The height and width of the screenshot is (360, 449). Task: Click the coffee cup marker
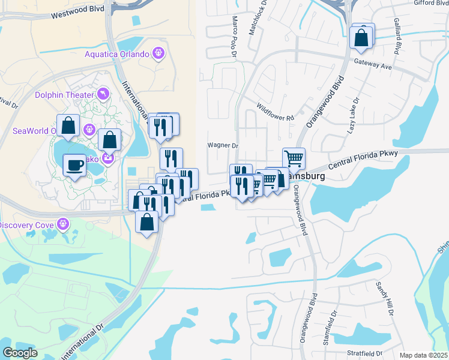coord(75,164)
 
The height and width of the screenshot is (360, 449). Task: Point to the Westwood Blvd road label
coord(77,11)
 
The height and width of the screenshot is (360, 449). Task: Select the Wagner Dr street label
coord(223,145)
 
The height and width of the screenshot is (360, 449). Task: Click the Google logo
coord(20,353)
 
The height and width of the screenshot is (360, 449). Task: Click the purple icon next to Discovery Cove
coord(63,225)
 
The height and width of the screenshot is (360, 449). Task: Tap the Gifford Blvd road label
coord(431,3)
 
